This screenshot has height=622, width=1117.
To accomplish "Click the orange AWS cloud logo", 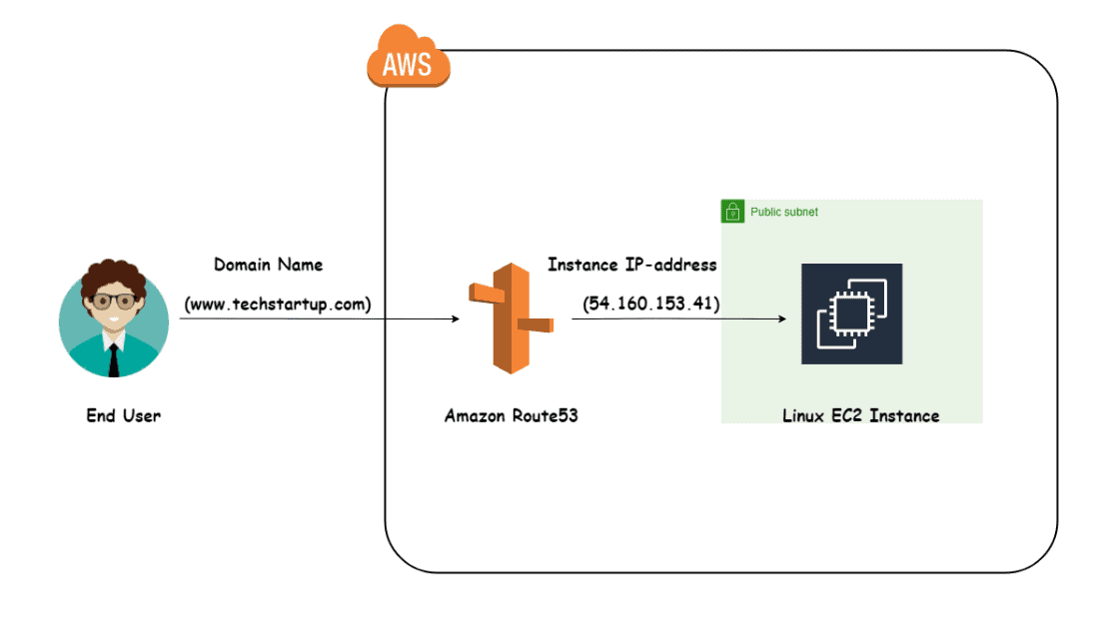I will click(x=409, y=62).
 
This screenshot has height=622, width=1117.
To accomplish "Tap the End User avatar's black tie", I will click(x=114, y=358).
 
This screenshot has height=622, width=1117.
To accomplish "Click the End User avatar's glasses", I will click(x=113, y=301).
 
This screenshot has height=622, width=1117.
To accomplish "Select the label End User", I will click(x=123, y=415).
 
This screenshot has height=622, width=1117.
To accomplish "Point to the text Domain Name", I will click(x=268, y=266).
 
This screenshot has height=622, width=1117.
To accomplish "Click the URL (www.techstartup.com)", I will click(x=277, y=304).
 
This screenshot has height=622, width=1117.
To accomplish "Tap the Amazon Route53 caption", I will click(x=511, y=415).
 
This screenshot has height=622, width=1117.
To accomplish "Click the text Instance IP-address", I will click(x=631, y=266).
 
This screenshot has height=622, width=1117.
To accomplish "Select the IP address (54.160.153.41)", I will click(x=651, y=304).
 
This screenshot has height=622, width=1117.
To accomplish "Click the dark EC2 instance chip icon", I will click(x=851, y=313).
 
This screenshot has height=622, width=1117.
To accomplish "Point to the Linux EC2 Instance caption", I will click(x=860, y=415).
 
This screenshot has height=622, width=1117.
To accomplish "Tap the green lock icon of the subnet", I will click(x=732, y=212).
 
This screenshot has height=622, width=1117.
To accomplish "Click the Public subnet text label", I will click(x=784, y=213).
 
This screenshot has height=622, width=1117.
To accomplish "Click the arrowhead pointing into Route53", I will click(x=454, y=319).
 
